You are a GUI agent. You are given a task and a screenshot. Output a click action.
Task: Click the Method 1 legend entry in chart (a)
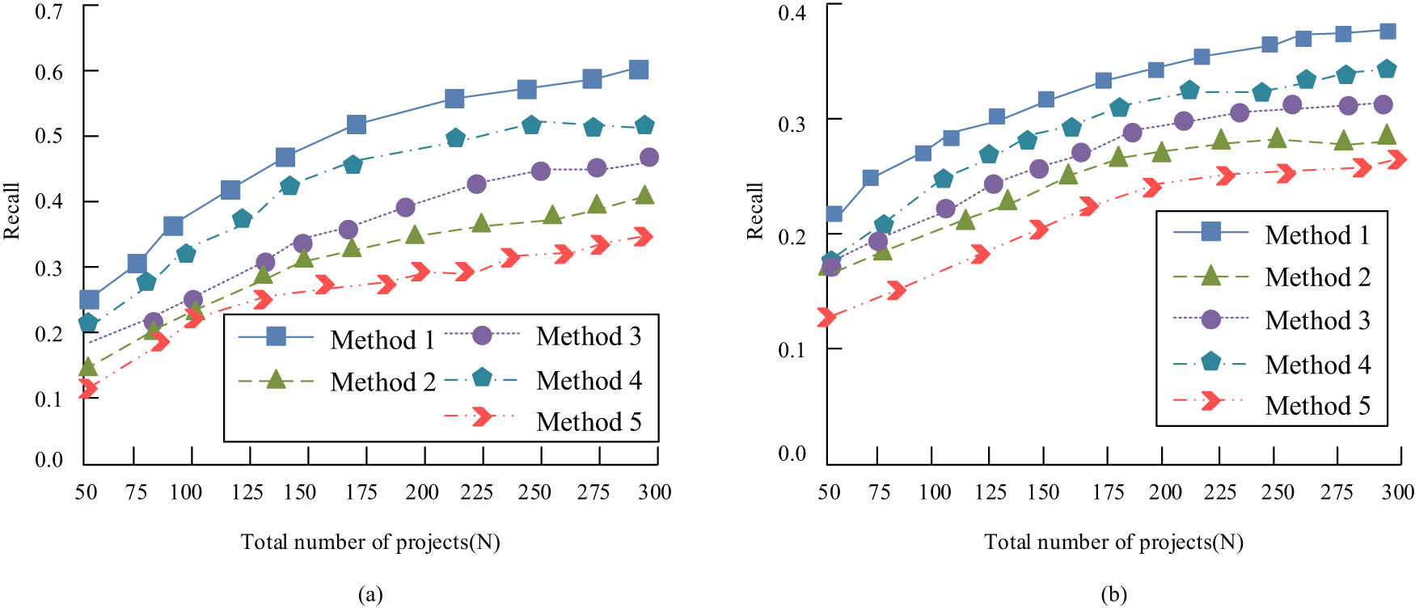point(382,340)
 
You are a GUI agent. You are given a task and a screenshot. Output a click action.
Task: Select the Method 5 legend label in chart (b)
point(1317,405)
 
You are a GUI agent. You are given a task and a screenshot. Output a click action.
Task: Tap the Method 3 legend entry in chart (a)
point(588,336)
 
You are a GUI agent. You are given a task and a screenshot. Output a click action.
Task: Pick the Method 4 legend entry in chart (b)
point(1317,364)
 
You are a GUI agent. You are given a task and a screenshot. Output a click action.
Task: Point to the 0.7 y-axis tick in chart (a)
point(49,11)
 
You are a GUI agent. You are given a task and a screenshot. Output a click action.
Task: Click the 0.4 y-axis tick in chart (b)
point(792,13)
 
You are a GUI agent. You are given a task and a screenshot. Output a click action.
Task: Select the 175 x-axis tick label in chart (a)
point(361,492)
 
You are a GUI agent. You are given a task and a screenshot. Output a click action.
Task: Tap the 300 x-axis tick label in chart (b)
point(1397,492)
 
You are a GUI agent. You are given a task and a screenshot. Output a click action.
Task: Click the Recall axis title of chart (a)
point(11,211)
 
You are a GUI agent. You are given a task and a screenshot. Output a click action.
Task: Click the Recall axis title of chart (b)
point(754,211)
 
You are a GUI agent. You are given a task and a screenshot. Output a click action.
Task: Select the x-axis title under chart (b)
point(1113,542)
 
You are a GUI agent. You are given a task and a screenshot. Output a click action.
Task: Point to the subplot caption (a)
point(370,595)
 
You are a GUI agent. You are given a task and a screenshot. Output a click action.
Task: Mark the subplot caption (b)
point(1113,595)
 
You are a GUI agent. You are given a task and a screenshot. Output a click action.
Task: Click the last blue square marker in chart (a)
point(638,70)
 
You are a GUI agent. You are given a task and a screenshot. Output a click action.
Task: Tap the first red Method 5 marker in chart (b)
point(826,317)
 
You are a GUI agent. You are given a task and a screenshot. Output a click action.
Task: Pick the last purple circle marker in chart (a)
point(648,157)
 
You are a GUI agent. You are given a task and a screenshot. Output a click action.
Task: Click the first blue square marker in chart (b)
point(834,214)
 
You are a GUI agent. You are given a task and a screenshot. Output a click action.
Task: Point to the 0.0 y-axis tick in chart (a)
point(49,460)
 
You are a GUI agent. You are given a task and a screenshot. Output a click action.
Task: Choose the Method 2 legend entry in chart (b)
point(1317,277)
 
